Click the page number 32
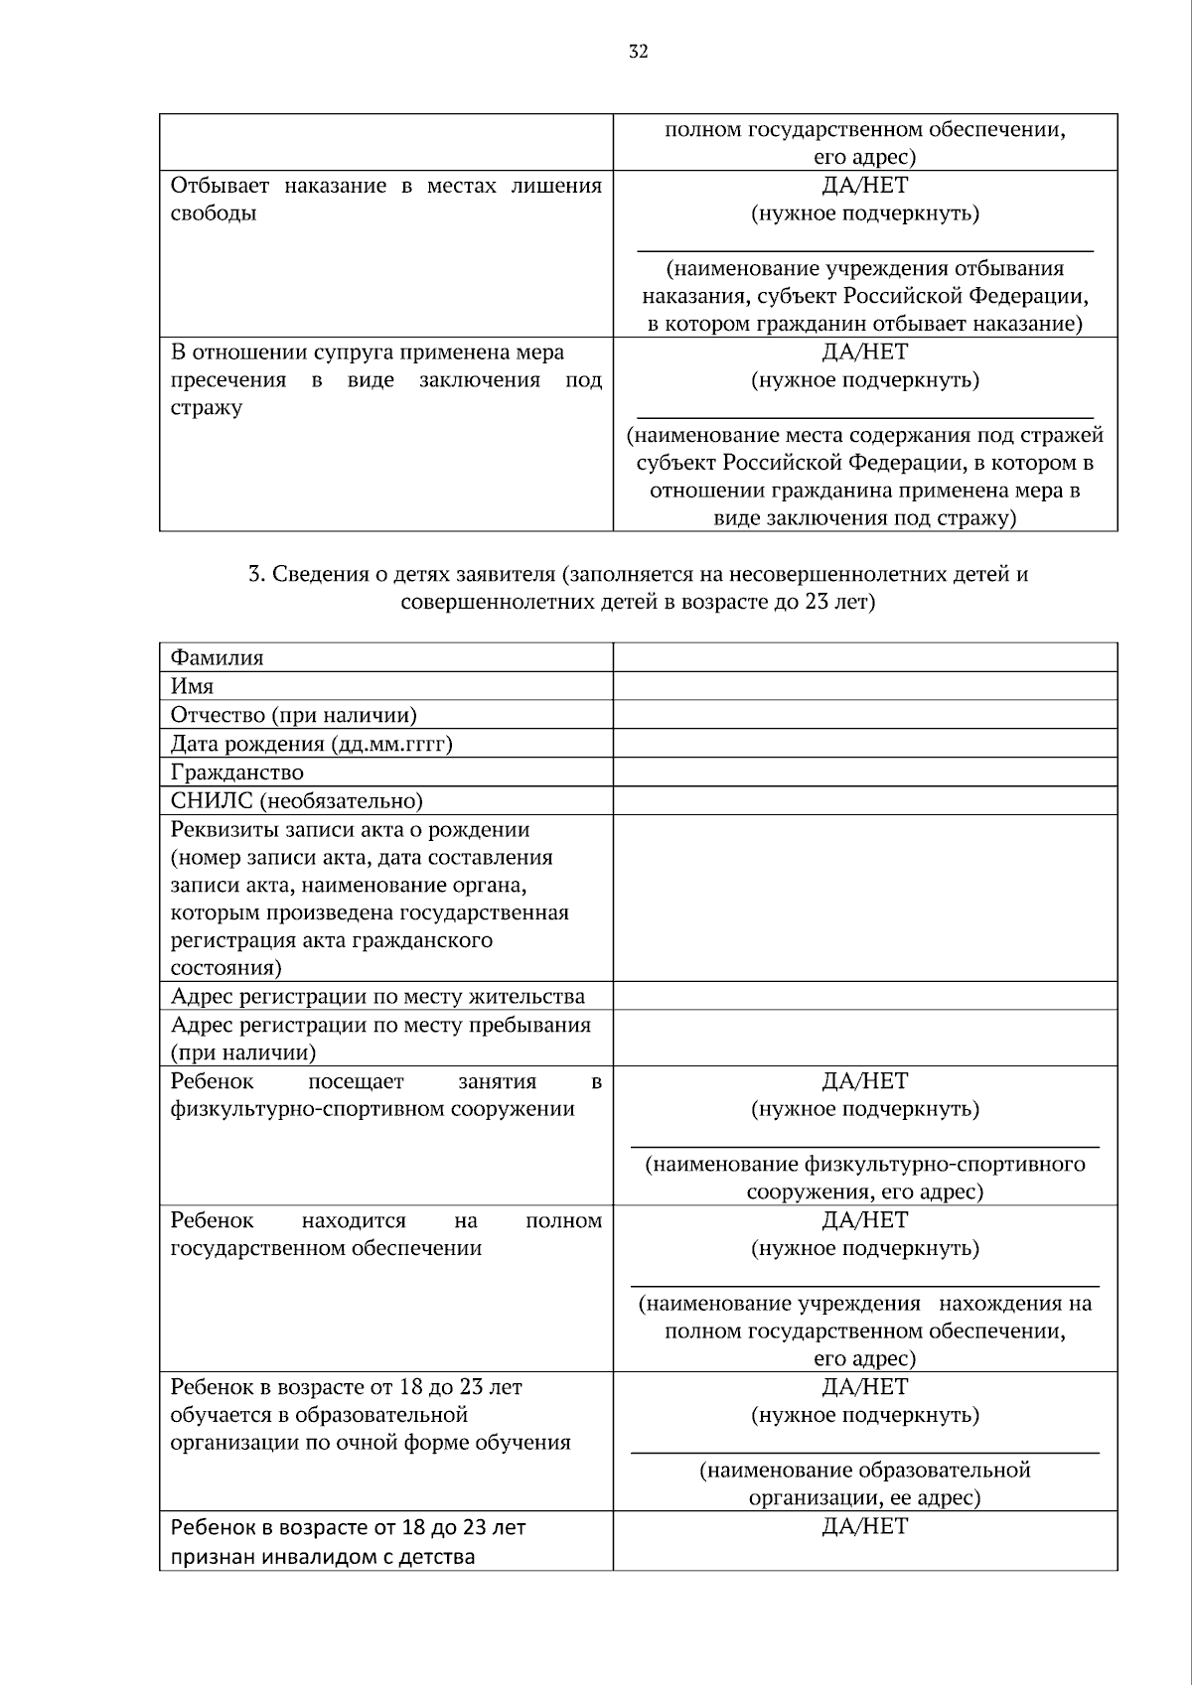pyautogui.click(x=638, y=53)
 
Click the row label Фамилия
pyautogui.click(x=217, y=657)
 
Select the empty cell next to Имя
pyautogui.click(x=864, y=686)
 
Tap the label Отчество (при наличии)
pyautogui.click(x=293, y=715)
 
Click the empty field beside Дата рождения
pyautogui.click(x=864, y=744)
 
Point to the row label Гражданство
pyautogui.click(x=236, y=772)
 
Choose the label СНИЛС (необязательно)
pyautogui.click(x=296, y=801)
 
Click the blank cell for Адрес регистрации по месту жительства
pyautogui.click(x=864, y=996)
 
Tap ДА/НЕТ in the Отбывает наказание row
pyautogui.click(x=864, y=186)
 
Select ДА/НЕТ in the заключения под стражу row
pyautogui.click(x=864, y=352)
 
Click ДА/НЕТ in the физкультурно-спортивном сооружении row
pyautogui.click(x=864, y=1081)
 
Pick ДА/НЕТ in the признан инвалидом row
pyautogui.click(x=864, y=1526)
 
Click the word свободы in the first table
pyautogui.click(x=214, y=213)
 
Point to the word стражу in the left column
pyautogui.click(x=206, y=408)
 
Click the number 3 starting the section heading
pyautogui.click(x=254, y=574)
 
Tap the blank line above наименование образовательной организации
pyautogui.click(x=864, y=1452)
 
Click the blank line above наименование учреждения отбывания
pyautogui.click(x=864, y=251)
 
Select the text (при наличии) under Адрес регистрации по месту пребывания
pyautogui.click(x=242, y=1053)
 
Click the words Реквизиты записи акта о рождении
pyautogui.click(x=350, y=830)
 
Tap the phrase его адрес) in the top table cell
pyautogui.click(x=864, y=157)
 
